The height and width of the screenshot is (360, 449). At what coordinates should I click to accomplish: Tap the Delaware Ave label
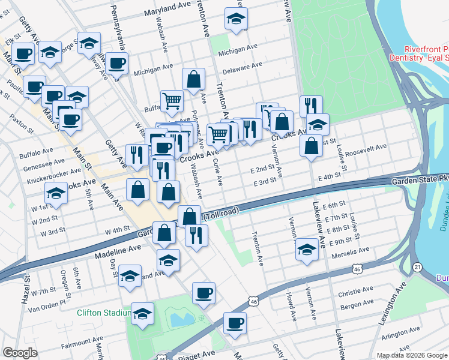240,67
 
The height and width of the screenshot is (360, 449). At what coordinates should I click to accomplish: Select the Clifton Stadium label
104,312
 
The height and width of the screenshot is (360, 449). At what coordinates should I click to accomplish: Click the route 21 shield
417,266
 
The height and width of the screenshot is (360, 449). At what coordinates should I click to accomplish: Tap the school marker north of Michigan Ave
237,19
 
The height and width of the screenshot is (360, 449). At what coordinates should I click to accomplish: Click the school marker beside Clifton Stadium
142,313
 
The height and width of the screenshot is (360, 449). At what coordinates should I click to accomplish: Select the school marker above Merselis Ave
307,249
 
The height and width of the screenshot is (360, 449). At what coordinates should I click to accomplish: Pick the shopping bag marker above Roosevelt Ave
311,146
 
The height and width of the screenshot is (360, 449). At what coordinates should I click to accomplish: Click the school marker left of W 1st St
56,193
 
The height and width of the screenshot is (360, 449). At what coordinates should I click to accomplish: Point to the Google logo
20,353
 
